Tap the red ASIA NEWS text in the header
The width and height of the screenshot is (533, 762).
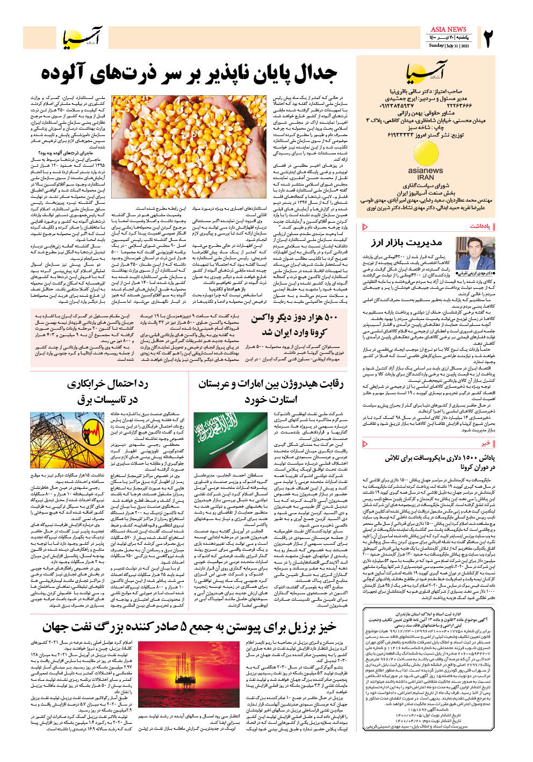point(448,29)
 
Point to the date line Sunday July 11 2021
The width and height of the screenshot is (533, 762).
point(449,46)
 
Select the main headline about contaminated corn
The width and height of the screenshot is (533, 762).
point(189,75)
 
